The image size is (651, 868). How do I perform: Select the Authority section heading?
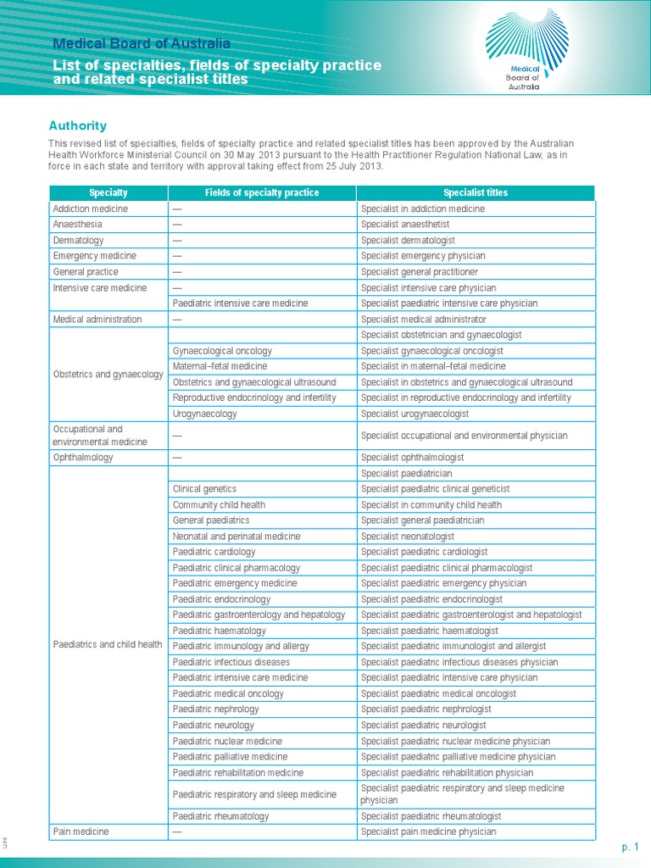(78, 125)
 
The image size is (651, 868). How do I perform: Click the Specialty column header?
(108, 193)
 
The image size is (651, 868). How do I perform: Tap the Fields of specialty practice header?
(262, 193)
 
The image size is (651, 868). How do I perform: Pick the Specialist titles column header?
(476, 193)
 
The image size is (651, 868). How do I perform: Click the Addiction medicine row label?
(91, 209)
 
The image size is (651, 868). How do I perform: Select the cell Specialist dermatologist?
(408, 241)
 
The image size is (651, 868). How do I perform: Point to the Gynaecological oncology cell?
(223, 351)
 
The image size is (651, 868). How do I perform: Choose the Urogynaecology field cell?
(205, 414)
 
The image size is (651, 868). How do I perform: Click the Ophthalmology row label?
(83, 458)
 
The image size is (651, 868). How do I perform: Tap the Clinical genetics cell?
(204, 489)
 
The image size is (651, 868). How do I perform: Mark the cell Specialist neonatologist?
(408, 537)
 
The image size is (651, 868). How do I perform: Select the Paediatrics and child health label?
(108, 644)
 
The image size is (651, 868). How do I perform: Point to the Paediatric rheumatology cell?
(220, 816)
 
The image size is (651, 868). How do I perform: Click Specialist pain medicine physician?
(428, 832)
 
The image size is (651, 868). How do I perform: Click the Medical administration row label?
(97, 320)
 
